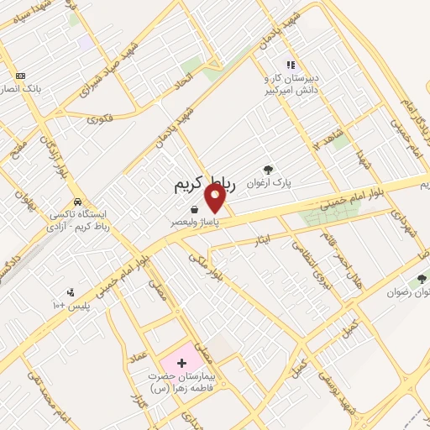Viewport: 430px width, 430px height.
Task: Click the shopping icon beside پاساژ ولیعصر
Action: coord(194,209)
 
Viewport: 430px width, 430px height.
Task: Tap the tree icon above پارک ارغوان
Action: coord(268,170)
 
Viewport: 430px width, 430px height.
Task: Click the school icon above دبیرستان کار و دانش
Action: coord(291,64)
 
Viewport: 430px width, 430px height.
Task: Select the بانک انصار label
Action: coord(18,88)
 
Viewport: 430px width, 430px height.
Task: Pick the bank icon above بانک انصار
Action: coord(20,76)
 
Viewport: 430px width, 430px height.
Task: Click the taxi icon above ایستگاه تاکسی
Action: coord(77,202)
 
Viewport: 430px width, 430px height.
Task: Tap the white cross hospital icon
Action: coord(181,364)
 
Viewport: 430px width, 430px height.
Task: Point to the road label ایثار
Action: coord(263,242)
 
